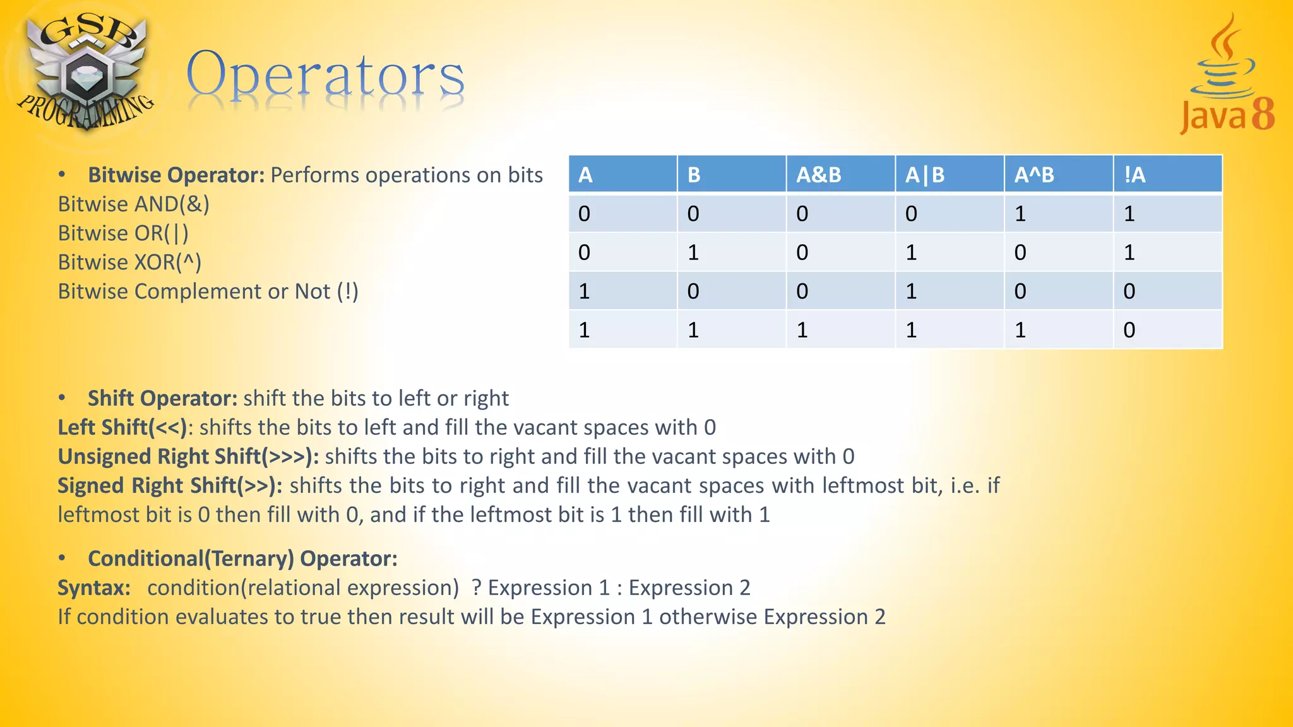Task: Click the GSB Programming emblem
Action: click(85, 73)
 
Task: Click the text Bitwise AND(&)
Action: click(133, 204)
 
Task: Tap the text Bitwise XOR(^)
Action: click(129, 263)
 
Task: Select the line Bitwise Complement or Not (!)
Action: click(208, 292)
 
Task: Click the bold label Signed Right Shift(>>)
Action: click(169, 486)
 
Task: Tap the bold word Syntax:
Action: click(94, 588)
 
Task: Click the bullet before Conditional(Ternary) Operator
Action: click(62, 558)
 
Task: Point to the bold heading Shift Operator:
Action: click(162, 399)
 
